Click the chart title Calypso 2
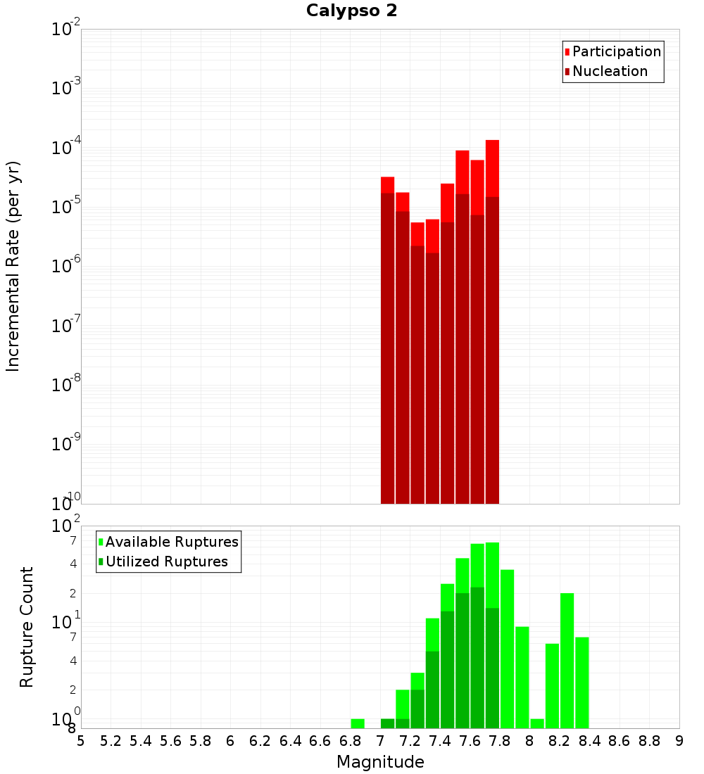[x=351, y=11]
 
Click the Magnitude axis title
[x=380, y=762]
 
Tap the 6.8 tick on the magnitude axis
[x=350, y=741]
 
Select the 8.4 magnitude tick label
[x=589, y=741]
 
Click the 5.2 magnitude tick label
[x=111, y=741]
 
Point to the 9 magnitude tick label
[x=679, y=741]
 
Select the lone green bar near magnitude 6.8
[x=358, y=723]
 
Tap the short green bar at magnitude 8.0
[x=537, y=723]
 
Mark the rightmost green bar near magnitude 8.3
[x=582, y=683]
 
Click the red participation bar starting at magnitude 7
[x=387, y=184]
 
